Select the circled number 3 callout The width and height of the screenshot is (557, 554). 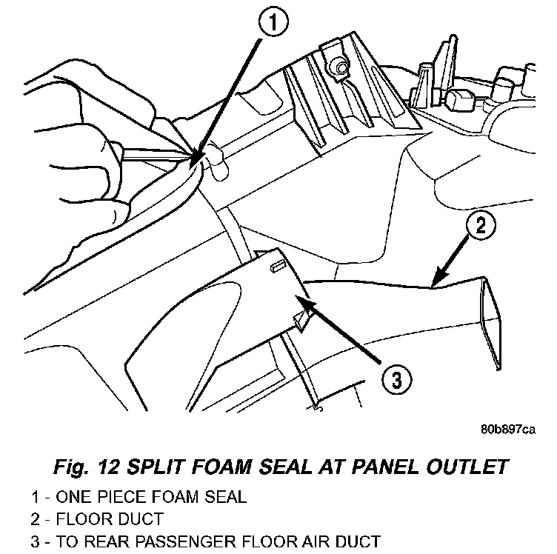398,380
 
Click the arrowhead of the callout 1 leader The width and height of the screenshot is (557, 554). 193,165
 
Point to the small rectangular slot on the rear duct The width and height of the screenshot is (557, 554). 278,266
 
